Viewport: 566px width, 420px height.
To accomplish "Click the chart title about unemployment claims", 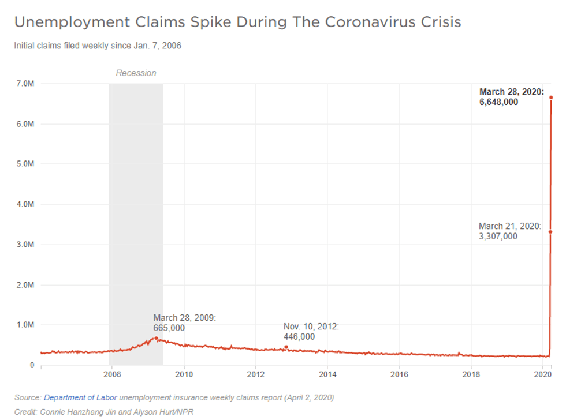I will coord(237,22).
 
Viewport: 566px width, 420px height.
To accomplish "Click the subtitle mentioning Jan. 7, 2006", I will coord(98,46).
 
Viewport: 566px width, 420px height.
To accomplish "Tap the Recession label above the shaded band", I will coord(136,73).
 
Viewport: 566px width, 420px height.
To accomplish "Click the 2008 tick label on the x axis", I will coord(111,374).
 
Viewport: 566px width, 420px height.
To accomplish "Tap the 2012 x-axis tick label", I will coord(256,374).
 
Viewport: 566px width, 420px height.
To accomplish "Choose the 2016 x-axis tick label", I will coord(399,374).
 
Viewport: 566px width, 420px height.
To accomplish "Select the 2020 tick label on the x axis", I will coord(543,374).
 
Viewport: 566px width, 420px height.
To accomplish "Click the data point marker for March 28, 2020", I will coord(551,97).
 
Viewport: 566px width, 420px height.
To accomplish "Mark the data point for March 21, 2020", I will coord(550,232).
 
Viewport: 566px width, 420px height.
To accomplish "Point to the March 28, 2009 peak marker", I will coord(156,338).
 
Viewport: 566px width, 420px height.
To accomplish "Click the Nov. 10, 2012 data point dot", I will coord(286,347).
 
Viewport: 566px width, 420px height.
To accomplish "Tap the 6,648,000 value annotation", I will coord(498,102).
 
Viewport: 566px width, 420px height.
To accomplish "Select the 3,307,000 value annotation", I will coord(498,236).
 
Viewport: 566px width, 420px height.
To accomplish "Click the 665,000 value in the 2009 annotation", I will coord(169,328).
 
